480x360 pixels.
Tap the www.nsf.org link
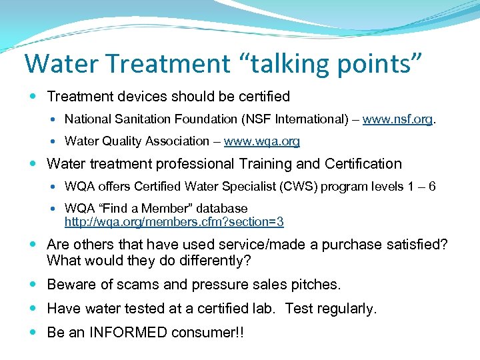click(x=398, y=120)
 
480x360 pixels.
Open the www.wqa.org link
click(x=262, y=141)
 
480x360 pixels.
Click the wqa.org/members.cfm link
click(x=174, y=221)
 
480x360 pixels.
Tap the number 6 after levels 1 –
click(x=432, y=187)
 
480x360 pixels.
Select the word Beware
click(x=71, y=285)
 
